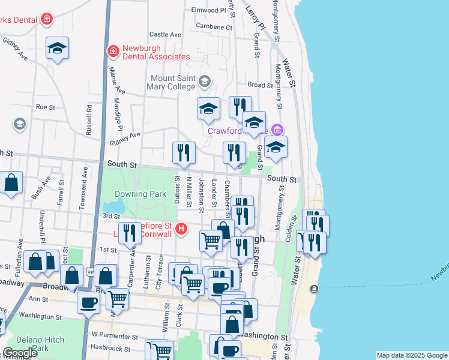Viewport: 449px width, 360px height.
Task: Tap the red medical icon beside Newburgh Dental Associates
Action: (112, 52)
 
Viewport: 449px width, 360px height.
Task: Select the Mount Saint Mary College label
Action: (173, 83)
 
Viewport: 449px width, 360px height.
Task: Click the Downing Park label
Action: (131, 194)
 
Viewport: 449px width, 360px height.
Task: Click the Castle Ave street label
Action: (165, 35)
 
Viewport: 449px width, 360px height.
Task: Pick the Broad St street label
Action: (260, 85)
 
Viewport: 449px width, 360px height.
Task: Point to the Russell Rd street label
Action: (89, 120)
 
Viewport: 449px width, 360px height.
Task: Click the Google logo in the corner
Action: (20, 353)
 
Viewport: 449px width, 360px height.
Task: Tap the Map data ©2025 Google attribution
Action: (412, 355)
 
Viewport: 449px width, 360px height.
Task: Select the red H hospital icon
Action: (181, 229)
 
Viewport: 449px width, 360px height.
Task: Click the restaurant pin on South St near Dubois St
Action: (184, 153)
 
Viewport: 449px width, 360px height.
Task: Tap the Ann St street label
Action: (38, 299)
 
